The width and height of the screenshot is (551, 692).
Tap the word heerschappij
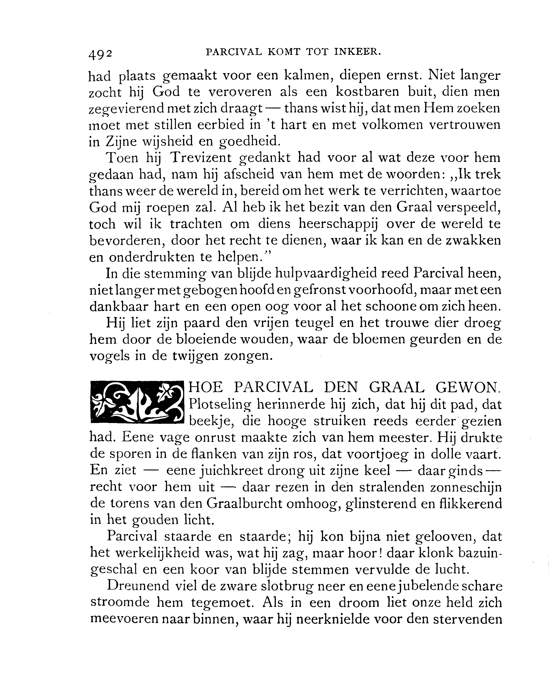(x=338, y=223)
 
